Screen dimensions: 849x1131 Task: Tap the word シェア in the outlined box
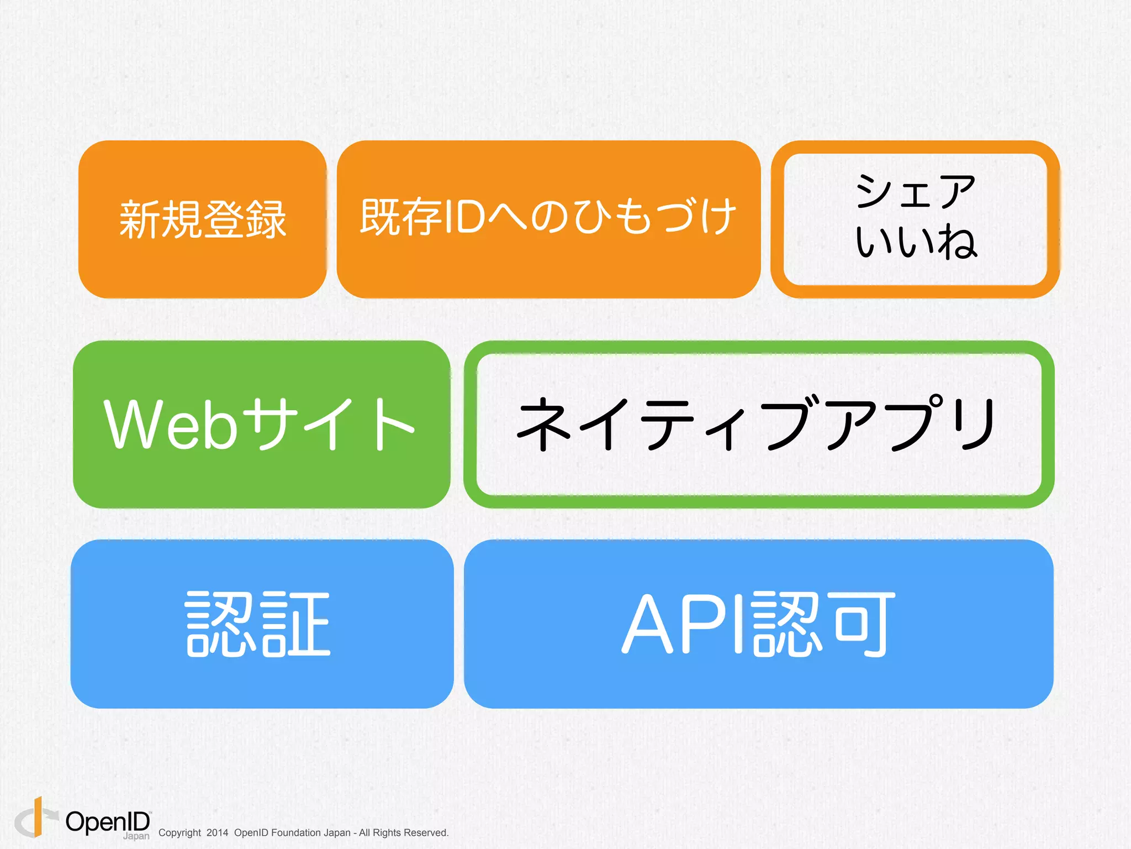click(916, 191)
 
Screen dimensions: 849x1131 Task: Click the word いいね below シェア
click(916, 241)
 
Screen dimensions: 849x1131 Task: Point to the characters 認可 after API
click(823, 624)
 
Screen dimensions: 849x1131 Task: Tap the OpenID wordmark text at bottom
click(108, 822)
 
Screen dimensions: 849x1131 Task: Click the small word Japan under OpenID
click(136, 836)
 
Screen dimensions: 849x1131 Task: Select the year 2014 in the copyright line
click(217, 833)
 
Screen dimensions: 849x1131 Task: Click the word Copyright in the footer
click(179, 833)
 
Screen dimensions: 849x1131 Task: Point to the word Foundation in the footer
click(293, 833)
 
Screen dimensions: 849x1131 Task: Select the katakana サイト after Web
click(328, 424)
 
